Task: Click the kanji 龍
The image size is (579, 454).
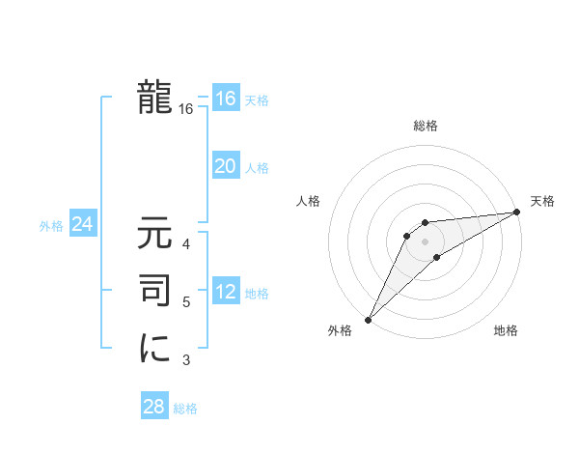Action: [x=154, y=99]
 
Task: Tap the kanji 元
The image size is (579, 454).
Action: [x=154, y=234]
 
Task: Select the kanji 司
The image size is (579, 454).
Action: [x=154, y=291]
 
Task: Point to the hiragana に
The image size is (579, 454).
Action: [x=154, y=348]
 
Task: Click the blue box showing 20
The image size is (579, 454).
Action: [x=226, y=166]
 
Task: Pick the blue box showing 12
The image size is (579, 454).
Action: [x=226, y=292]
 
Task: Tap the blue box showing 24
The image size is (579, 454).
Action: [x=82, y=225]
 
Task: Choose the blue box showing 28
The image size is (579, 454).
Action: [x=153, y=407]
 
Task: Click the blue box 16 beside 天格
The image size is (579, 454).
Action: [x=226, y=99]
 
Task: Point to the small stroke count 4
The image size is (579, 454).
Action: [x=186, y=243]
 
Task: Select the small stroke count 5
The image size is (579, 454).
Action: [x=186, y=302]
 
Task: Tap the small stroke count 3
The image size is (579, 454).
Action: [x=186, y=360]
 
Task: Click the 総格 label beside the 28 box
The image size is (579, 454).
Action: [x=185, y=409]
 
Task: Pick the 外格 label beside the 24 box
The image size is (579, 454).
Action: [x=51, y=226]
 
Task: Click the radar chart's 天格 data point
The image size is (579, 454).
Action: [x=516, y=213]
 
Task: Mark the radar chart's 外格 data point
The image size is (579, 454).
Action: [x=368, y=319]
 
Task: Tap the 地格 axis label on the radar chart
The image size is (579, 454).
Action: [x=506, y=331]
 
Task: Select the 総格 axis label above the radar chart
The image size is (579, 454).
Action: [x=425, y=126]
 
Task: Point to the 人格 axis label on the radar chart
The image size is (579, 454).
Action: [x=309, y=201]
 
